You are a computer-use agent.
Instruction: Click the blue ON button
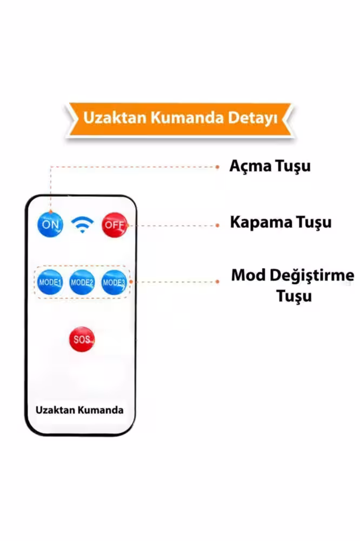(x=50, y=225)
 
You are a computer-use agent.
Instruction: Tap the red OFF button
(x=115, y=225)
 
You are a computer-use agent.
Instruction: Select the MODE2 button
(x=82, y=282)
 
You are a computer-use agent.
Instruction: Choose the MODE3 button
(x=114, y=282)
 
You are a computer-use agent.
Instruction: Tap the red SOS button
(x=82, y=340)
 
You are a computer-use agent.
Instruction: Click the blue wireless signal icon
(x=82, y=225)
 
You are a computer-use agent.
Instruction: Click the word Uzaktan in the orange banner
(x=115, y=117)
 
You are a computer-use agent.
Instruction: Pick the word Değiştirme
(x=312, y=276)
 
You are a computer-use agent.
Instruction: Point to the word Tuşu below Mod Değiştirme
(x=294, y=296)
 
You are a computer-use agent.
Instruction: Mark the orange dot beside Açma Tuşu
(x=218, y=167)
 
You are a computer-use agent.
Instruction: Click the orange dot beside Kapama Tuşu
(x=218, y=225)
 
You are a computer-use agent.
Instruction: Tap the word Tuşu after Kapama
(x=314, y=222)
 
